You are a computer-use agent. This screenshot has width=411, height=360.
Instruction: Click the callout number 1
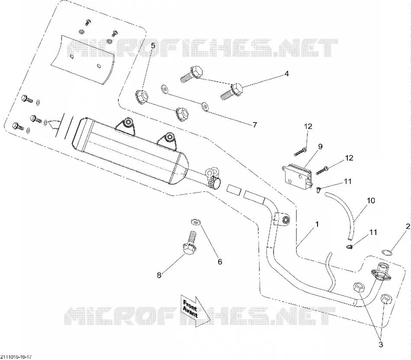pos(317,225)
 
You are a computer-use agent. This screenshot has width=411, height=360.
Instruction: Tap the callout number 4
pos(287,74)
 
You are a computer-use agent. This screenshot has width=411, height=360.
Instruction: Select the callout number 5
pos(153,45)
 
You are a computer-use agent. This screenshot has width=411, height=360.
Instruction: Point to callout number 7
pos(255,125)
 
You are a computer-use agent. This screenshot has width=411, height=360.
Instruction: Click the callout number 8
pos(159,275)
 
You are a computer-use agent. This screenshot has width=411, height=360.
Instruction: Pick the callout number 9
pos(320,147)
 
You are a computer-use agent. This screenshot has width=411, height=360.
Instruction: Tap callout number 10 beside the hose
pos(371,201)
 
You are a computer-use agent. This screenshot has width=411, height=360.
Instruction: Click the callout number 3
pos(381,344)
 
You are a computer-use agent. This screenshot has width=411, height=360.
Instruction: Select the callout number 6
pos(220,261)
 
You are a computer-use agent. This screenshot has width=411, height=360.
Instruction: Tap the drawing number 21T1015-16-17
pos(16,357)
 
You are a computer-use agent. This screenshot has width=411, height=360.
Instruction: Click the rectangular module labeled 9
pos(297,175)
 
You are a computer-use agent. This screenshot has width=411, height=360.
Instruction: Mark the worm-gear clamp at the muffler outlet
pos(215,182)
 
